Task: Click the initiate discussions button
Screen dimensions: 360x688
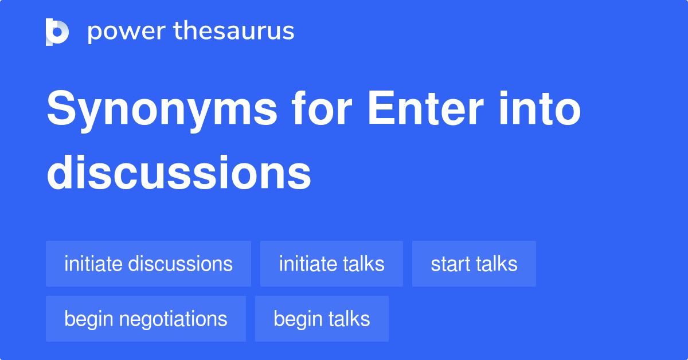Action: point(148,264)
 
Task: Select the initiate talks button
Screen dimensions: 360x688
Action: point(331,264)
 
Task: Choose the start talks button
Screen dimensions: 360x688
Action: point(474,264)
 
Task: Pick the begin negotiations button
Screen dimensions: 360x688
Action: point(146,319)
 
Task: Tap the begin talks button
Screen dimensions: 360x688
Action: point(322,319)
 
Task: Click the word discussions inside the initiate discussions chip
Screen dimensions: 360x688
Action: point(180,264)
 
